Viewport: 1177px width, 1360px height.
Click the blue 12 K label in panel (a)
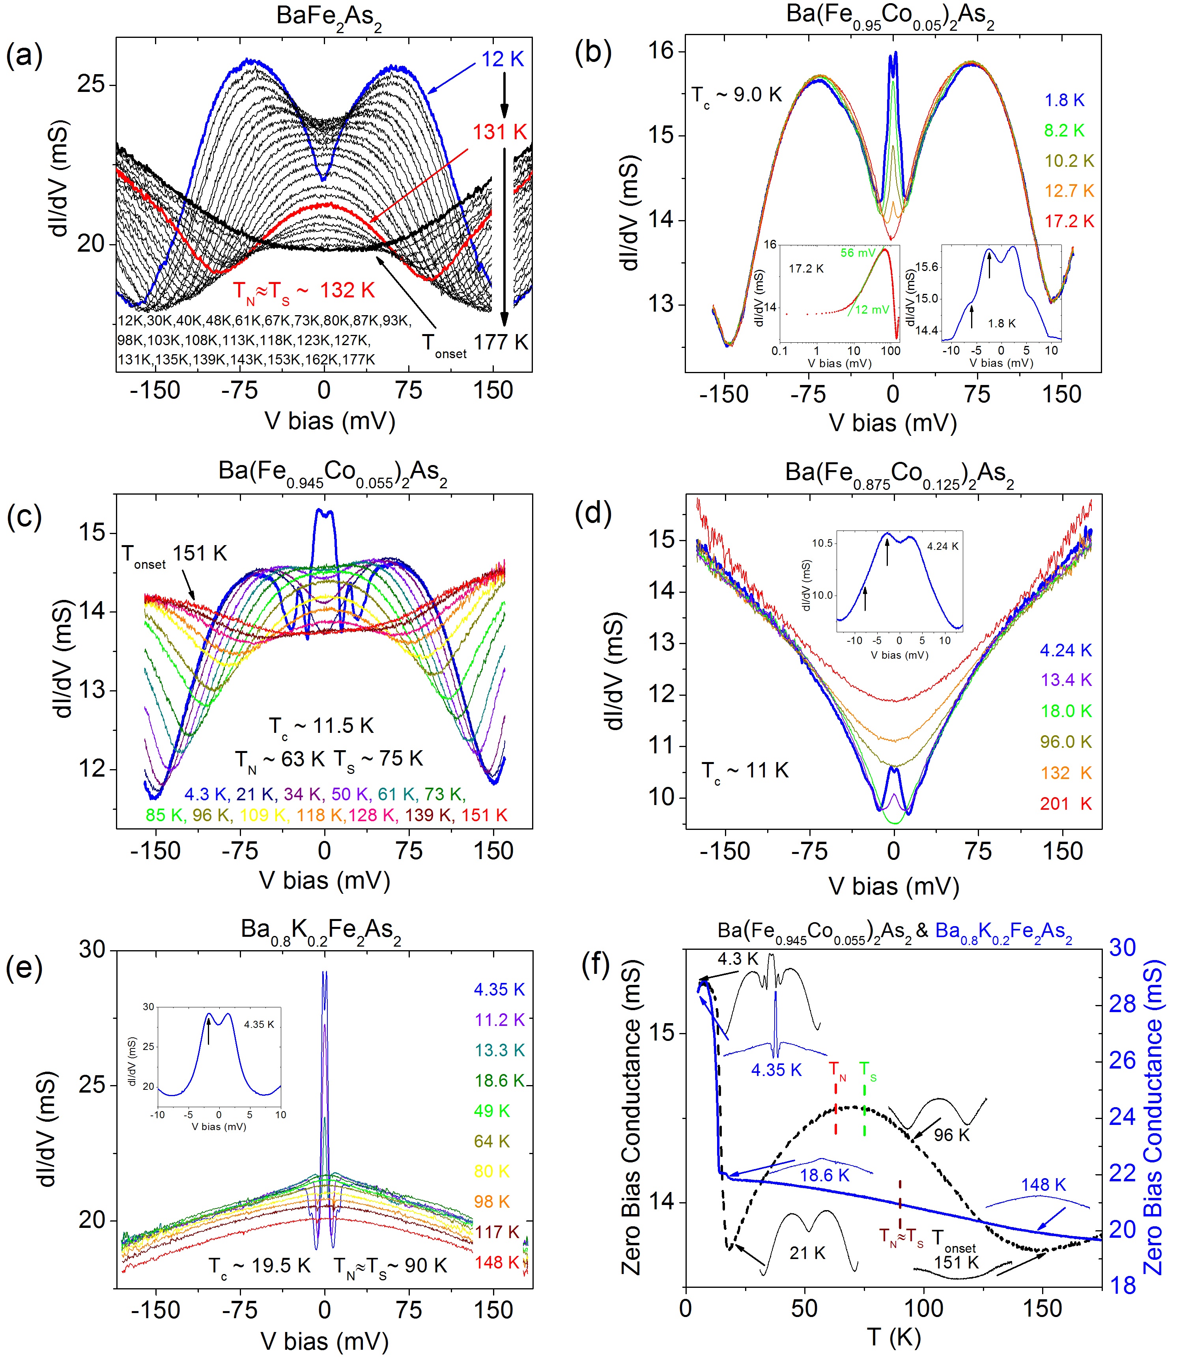pyautogui.click(x=503, y=59)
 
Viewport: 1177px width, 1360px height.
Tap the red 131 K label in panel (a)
pyautogui.click(x=500, y=132)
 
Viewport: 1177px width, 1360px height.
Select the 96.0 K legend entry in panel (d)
pyautogui.click(x=1065, y=742)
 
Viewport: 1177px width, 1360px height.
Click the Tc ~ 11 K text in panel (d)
pyautogui.click(x=745, y=770)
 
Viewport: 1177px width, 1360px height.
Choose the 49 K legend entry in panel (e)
pyautogui.click(x=492, y=1111)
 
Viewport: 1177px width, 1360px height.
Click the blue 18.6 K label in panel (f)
pyautogui.click(x=824, y=1175)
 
